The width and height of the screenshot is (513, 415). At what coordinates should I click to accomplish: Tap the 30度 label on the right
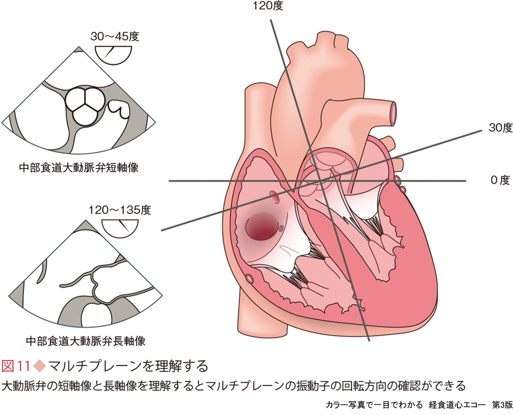point(500,127)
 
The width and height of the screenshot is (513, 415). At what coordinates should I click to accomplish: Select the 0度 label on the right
point(501,180)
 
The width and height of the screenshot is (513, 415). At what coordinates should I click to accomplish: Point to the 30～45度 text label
point(114,36)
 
